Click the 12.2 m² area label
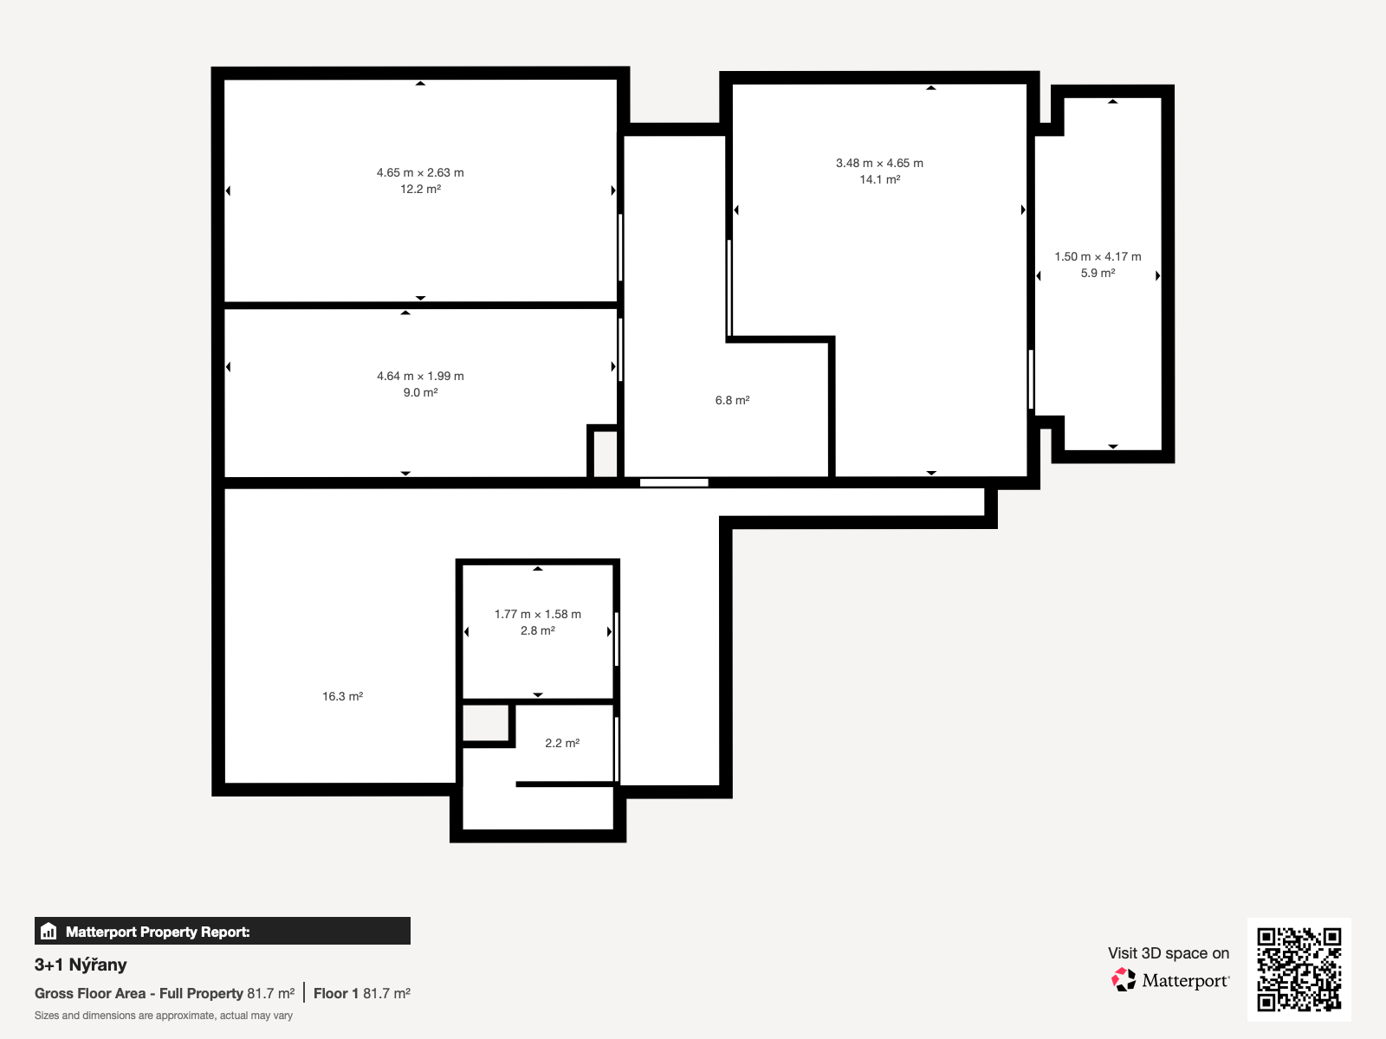pyautogui.click(x=420, y=189)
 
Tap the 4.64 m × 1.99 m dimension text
pyautogui.click(x=420, y=376)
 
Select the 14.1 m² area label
pyautogui.click(x=879, y=179)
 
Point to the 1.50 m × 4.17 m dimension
pyautogui.click(x=1098, y=257)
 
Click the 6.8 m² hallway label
pyautogui.click(x=733, y=400)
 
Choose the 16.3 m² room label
pyautogui.click(x=342, y=696)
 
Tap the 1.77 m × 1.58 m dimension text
pyautogui.click(x=537, y=614)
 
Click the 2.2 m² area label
pyautogui.click(x=562, y=743)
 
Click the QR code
pyautogui.click(x=1299, y=969)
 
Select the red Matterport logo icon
pyautogui.click(x=1124, y=980)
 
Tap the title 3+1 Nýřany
pyautogui.click(x=81, y=965)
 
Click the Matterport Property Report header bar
pyautogui.click(x=223, y=931)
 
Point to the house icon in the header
pyautogui.click(x=49, y=931)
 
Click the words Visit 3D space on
pyautogui.click(x=1169, y=953)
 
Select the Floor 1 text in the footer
pyautogui.click(x=336, y=994)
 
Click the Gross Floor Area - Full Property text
pyautogui.click(x=139, y=994)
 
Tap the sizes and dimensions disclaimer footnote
pyautogui.click(x=164, y=1016)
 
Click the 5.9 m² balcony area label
pyautogui.click(x=1098, y=273)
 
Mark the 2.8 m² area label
pyautogui.click(x=537, y=630)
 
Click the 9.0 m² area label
pyautogui.click(x=420, y=392)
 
